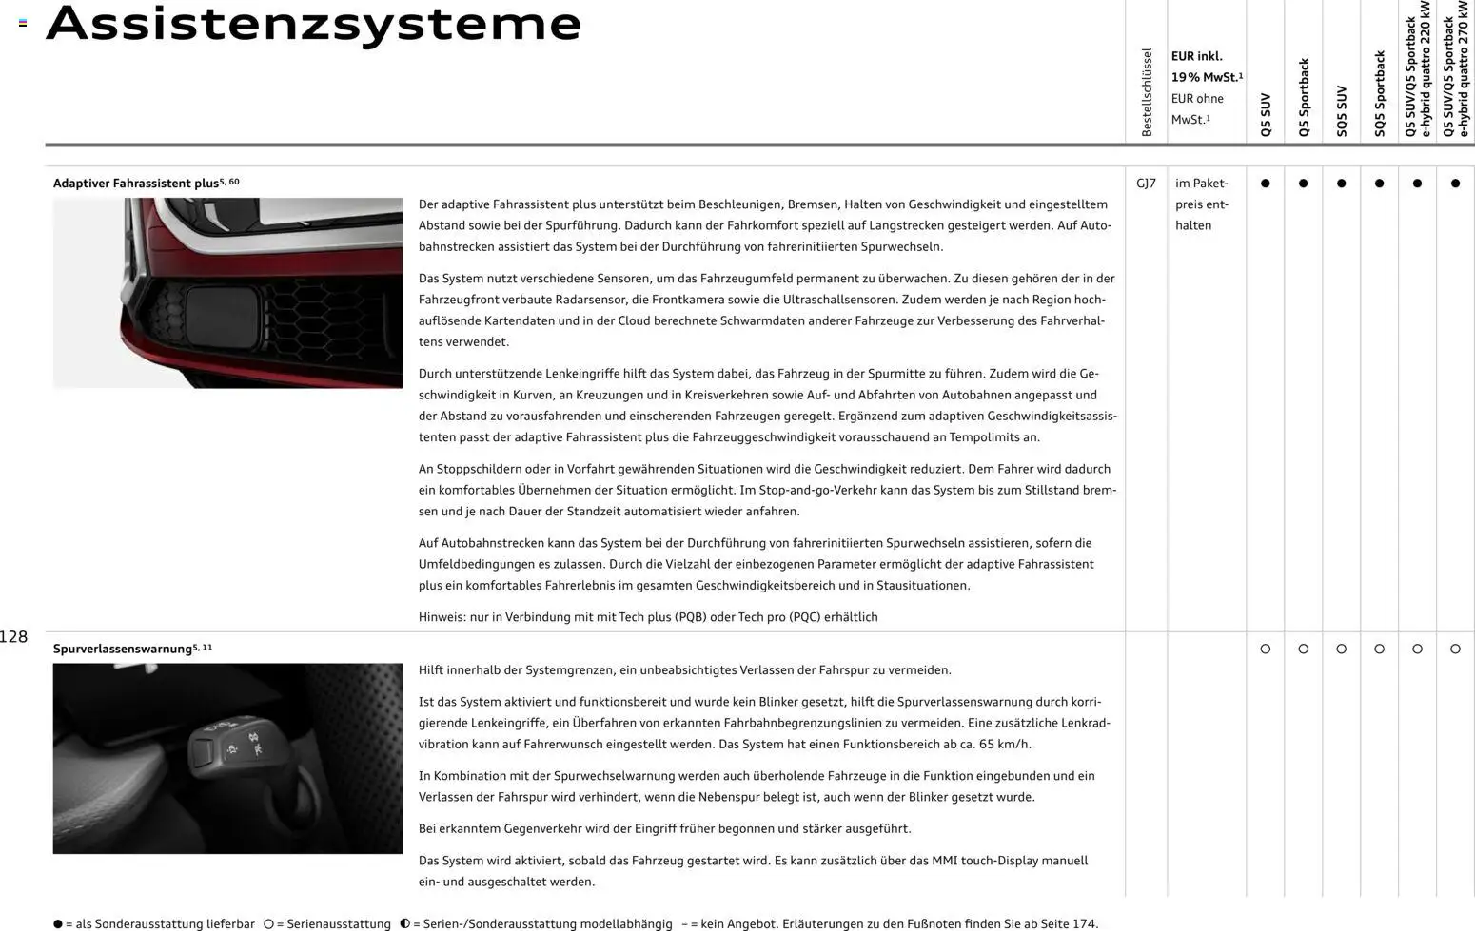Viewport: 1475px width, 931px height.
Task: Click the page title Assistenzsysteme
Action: pos(314,24)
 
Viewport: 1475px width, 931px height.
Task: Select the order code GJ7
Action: pos(1146,184)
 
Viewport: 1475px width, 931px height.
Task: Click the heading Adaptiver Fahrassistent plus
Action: pos(136,184)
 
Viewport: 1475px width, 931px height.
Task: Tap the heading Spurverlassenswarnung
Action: pos(123,649)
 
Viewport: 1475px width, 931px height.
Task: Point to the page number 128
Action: pos(14,637)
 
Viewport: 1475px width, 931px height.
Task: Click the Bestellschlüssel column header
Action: pos(1147,92)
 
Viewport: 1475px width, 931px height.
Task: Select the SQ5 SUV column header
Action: pos(1342,111)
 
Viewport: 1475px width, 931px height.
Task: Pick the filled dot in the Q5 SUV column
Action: pos(1265,184)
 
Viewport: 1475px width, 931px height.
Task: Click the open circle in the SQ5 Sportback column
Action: pos(1379,649)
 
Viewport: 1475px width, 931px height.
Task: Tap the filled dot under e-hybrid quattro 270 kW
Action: pos(1455,184)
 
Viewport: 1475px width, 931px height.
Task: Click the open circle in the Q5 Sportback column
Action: pos(1303,649)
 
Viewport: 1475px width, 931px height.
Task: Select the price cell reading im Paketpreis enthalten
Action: pos(1202,204)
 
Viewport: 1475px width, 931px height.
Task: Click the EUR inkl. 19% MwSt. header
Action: pos(1206,67)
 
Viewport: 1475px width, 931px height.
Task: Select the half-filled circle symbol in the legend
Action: pos(404,923)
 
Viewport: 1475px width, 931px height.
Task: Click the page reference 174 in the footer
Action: pos(1084,923)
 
